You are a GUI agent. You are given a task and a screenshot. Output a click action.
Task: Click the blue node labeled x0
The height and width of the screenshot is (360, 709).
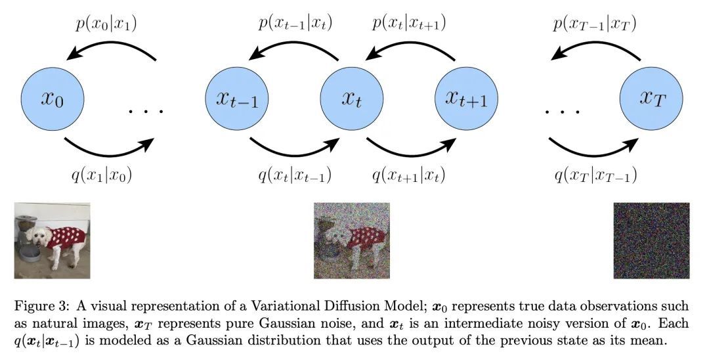53,99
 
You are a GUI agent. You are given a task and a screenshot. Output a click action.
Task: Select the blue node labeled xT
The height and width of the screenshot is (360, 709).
651,99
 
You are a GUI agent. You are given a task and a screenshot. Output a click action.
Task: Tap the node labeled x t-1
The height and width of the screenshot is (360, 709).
237,99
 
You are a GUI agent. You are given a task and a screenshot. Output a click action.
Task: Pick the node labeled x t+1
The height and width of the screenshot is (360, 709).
466,99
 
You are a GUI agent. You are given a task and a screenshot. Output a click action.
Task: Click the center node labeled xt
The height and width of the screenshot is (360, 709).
352,99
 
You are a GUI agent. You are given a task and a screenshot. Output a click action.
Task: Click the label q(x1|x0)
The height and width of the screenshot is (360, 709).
102,175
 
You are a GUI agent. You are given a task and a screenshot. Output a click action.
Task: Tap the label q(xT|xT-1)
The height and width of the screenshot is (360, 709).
595,175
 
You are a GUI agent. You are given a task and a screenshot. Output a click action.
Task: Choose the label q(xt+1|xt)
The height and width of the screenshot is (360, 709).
408,175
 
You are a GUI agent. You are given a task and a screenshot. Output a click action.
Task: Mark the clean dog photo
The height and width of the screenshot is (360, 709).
52,240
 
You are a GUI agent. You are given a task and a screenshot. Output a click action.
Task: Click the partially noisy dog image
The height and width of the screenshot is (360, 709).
352,240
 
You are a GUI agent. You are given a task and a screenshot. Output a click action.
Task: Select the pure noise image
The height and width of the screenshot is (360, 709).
652,240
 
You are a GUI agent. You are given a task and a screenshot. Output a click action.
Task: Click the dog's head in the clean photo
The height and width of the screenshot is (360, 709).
36,236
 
